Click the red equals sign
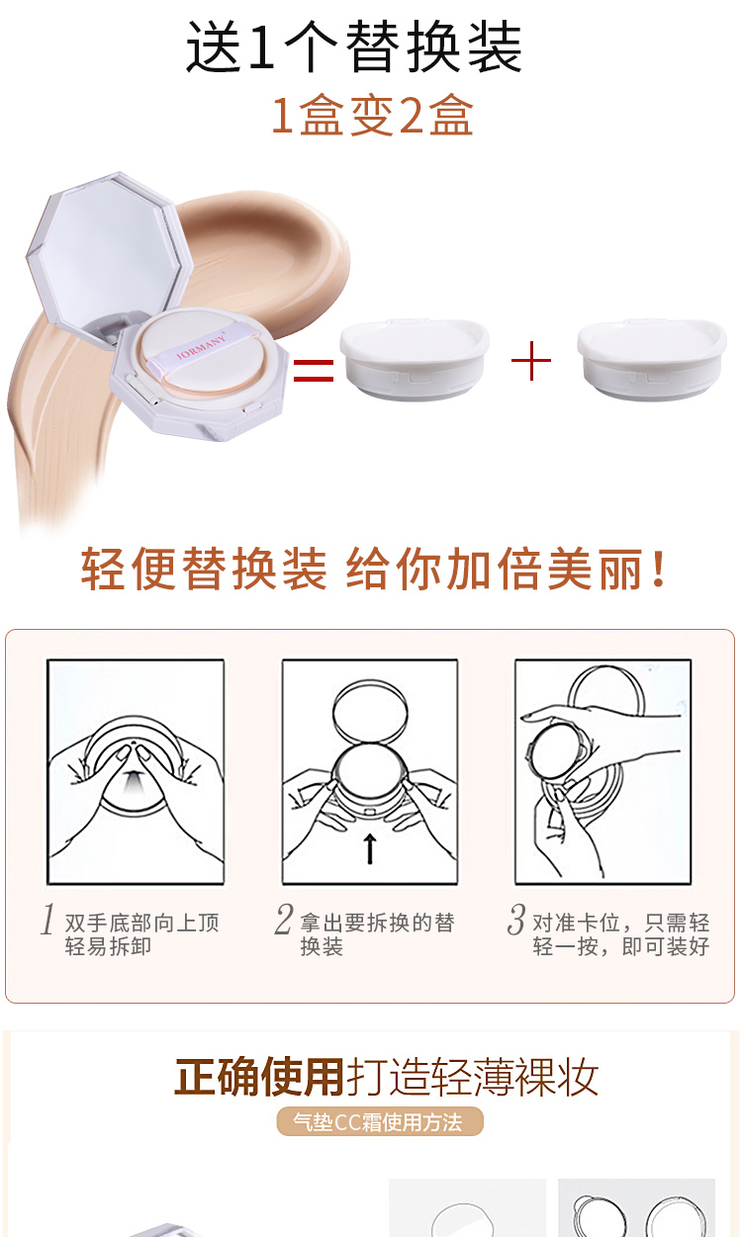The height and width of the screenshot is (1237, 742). (x=314, y=370)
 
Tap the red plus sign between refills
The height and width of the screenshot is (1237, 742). (x=531, y=361)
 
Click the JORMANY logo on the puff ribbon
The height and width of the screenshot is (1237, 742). (x=202, y=346)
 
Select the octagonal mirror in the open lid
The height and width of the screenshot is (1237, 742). (x=106, y=252)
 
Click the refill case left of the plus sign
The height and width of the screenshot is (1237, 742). (x=415, y=359)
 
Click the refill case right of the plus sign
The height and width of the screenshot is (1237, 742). (x=652, y=359)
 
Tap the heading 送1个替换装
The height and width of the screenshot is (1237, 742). (x=353, y=46)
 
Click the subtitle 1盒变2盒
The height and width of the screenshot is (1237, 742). (x=372, y=115)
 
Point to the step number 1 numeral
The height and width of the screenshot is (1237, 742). (x=48, y=920)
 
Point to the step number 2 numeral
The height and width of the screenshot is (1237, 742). (x=283, y=920)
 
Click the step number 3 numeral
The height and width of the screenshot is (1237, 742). (x=516, y=920)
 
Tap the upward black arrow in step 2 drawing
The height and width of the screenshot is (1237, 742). (x=370, y=848)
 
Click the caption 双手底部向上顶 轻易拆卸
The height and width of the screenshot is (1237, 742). (x=142, y=934)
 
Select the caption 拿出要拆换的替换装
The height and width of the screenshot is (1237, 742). (x=377, y=934)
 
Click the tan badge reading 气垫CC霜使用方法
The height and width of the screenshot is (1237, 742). (x=380, y=1122)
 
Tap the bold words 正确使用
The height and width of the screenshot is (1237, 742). (x=259, y=1076)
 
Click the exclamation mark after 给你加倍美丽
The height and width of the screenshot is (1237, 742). (x=658, y=569)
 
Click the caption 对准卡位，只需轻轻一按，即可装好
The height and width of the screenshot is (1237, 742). (x=621, y=934)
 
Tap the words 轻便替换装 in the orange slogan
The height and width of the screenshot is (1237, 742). (x=204, y=569)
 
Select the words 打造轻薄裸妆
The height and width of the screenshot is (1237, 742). (x=472, y=1076)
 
